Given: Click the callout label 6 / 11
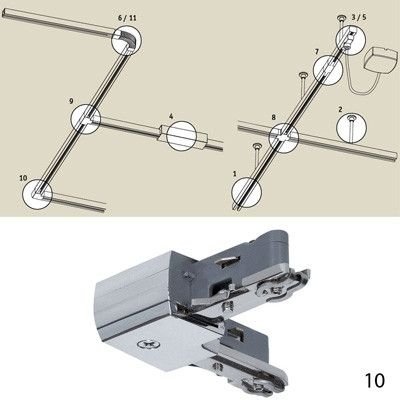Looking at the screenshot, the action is click(127, 18).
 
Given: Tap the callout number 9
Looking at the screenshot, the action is click(71, 101).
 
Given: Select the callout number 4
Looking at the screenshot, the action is click(171, 116).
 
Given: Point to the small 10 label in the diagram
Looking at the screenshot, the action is click(23, 178).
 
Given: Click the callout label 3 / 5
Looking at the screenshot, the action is click(359, 17).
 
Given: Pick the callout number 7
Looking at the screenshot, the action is click(317, 52).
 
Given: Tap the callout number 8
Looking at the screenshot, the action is click(274, 117).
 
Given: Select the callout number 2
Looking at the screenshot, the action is click(340, 109).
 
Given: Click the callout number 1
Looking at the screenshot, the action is click(235, 173).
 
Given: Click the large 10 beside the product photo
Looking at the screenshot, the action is click(375, 380).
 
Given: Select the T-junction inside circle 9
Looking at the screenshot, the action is click(87, 119).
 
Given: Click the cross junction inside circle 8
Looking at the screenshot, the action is click(284, 137).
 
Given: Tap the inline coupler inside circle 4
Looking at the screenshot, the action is click(182, 135).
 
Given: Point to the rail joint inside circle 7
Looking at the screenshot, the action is click(328, 69).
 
